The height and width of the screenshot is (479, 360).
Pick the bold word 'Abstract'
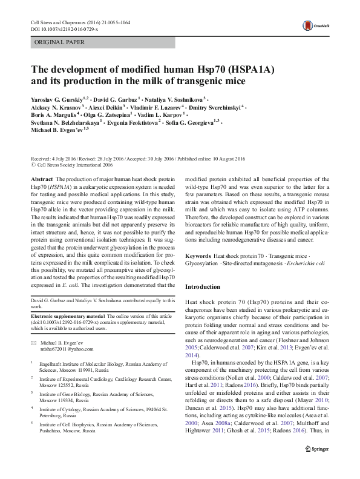point(41,180)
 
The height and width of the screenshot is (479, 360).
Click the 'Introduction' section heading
point(203,286)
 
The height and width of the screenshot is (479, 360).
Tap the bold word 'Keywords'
point(198,256)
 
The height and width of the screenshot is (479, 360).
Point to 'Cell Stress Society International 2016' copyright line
point(75,164)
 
